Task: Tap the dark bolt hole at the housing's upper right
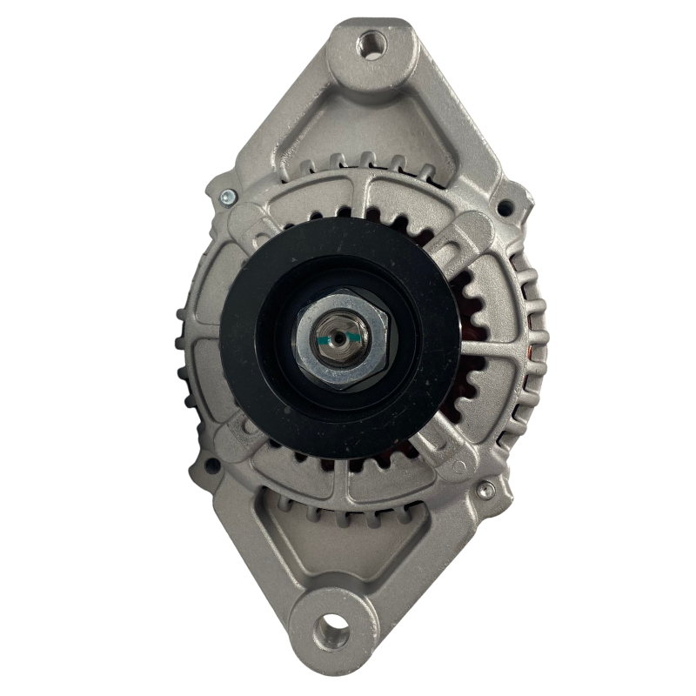(503, 208)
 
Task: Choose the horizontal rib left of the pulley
(202, 335)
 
